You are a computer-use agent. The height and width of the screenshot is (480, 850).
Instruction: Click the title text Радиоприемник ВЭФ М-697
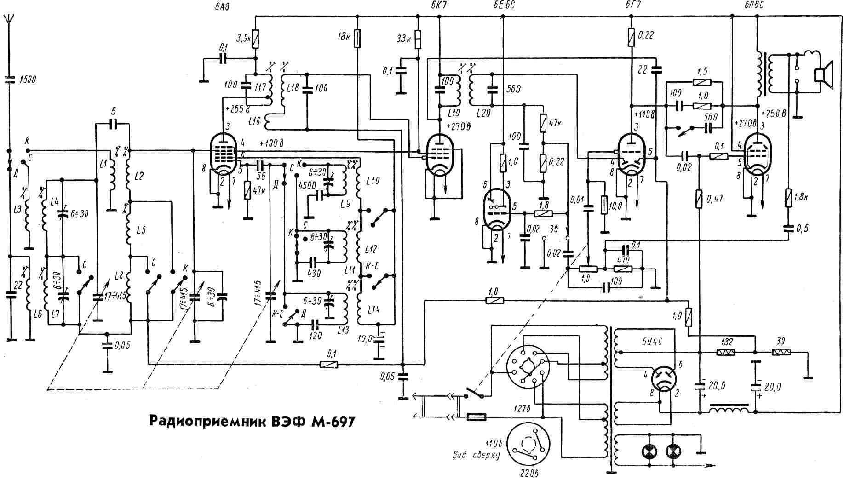click(252, 421)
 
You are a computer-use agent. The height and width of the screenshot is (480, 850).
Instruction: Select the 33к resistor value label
click(404, 39)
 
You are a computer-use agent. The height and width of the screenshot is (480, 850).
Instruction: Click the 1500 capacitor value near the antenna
click(28, 80)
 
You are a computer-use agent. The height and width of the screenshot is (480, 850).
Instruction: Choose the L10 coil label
click(373, 181)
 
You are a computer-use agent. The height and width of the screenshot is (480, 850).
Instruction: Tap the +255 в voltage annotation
click(238, 109)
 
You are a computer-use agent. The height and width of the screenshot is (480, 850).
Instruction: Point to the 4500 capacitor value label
click(306, 186)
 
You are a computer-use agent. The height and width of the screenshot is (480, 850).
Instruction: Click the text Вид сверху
click(475, 455)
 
